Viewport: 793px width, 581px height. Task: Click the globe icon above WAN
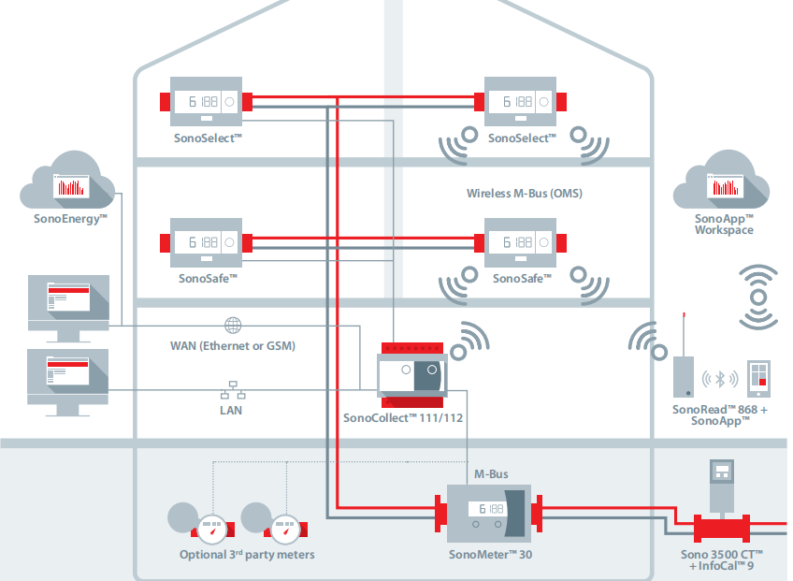[232, 326]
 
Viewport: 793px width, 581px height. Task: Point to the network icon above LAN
[232, 390]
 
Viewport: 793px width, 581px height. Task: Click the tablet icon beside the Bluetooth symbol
[757, 380]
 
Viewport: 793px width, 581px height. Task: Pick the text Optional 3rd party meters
[247, 555]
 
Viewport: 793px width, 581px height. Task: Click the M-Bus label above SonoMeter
[491, 475]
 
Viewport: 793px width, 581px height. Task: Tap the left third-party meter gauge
[214, 530]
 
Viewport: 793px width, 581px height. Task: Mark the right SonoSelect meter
[520, 102]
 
